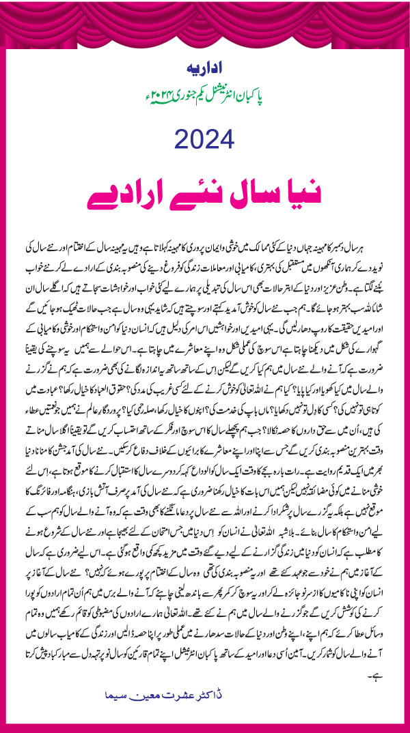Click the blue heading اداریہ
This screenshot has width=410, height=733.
pos(204,70)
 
